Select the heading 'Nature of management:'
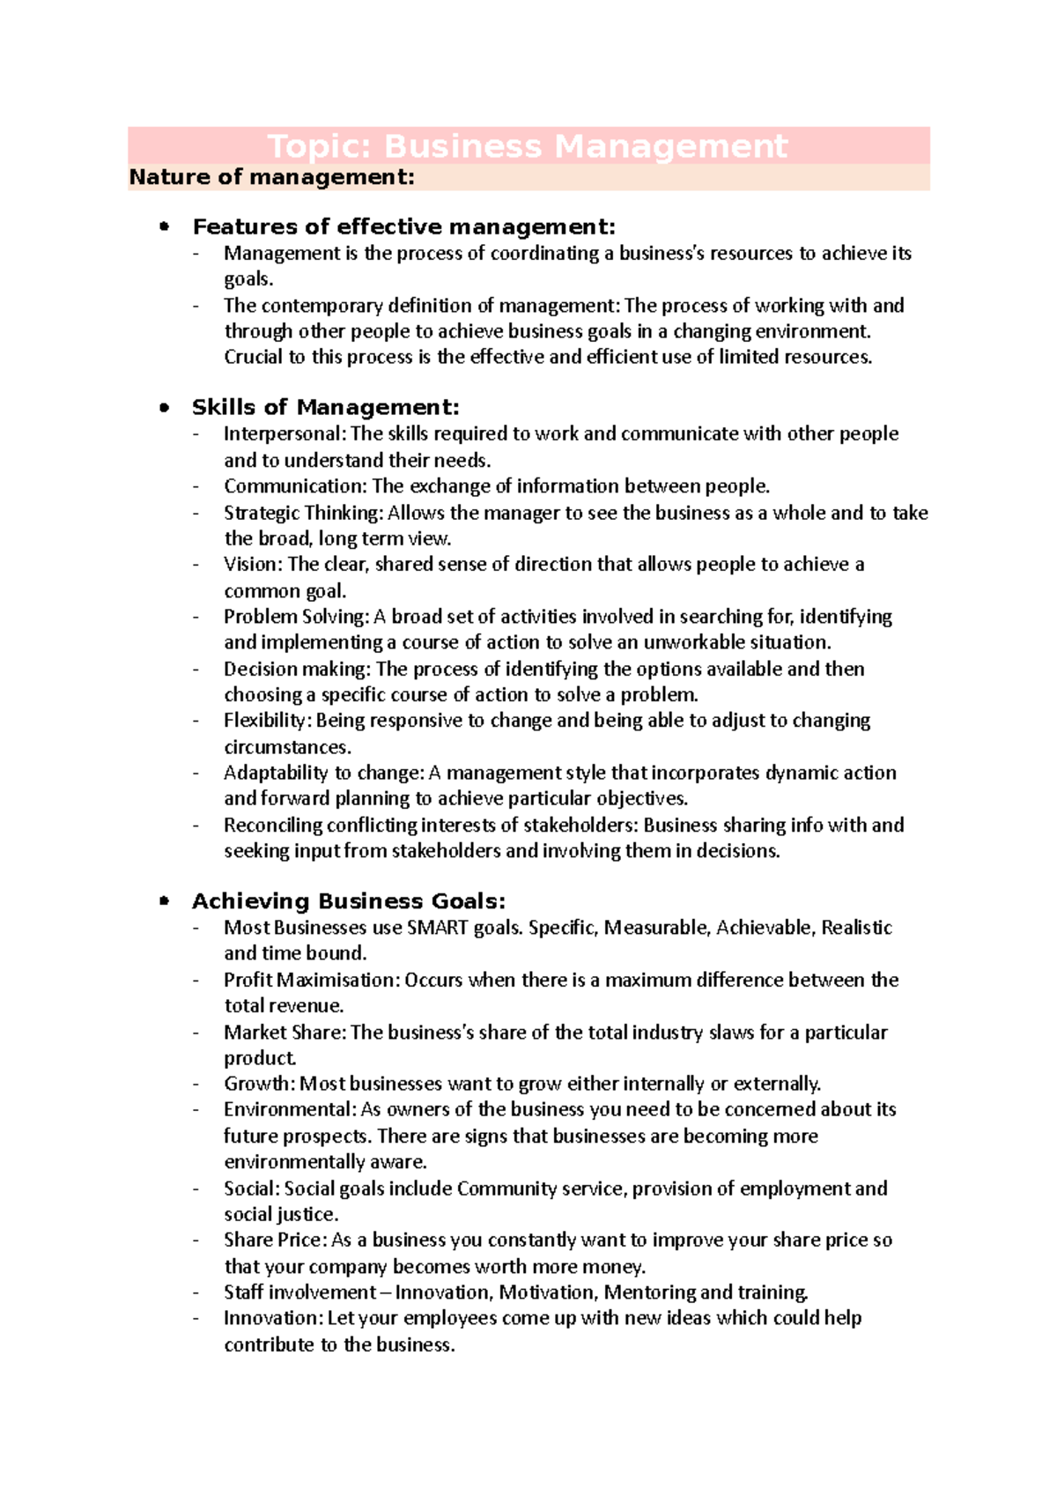(271, 177)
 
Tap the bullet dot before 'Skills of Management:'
(164, 408)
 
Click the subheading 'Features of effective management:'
(403, 227)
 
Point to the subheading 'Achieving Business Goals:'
(349, 901)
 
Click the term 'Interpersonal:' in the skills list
(285, 433)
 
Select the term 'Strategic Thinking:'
(303, 513)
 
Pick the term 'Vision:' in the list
(253, 564)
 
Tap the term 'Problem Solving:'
(296, 616)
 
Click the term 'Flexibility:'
(267, 721)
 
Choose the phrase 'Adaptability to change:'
(323, 773)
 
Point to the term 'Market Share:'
(285, 1032)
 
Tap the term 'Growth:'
(260, 1084)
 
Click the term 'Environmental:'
(290, 1109)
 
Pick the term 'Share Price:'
(275, 1240)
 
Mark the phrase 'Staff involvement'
(299, 1292)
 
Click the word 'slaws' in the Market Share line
(731, 1032)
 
